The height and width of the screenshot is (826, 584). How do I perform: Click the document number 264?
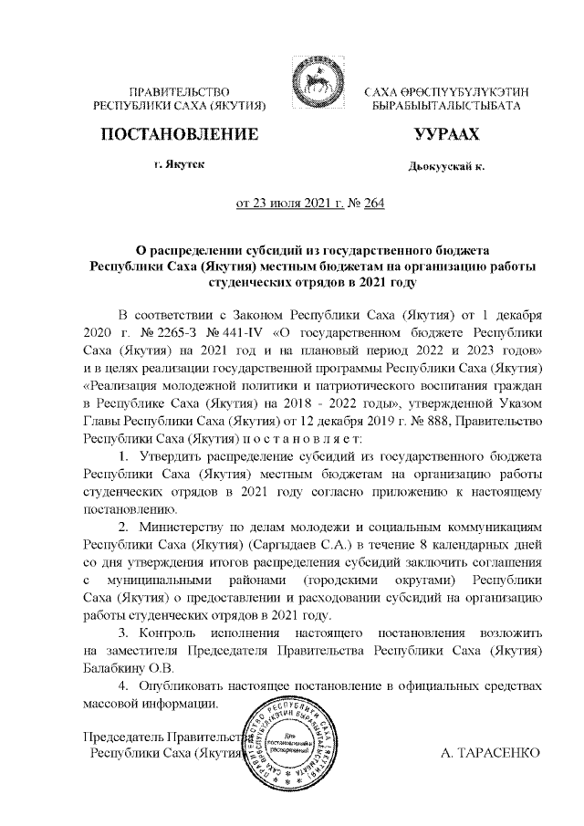[374, 203]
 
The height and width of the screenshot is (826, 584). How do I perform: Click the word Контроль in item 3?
[164, 632]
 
